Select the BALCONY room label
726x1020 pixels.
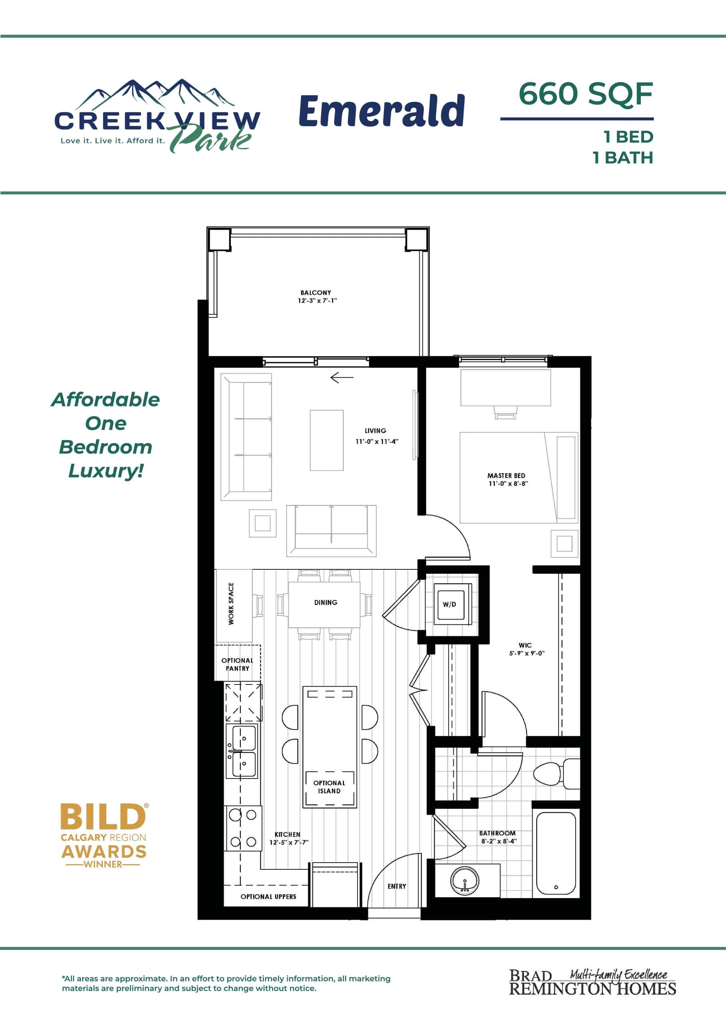tap(316, 292)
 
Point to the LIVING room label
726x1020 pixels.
tap(375, 431)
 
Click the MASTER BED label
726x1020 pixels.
tap(506, 476)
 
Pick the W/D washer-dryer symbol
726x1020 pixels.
tap(450, 604)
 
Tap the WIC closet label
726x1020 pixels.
tap(525, 645)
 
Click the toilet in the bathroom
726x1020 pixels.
tap(554, 773)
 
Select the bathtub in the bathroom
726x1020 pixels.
tap(556, 853)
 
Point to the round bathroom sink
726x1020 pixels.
tap(465, 880)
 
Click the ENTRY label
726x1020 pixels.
tap(397, 886)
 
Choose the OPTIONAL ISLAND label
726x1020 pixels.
tap(329, 787)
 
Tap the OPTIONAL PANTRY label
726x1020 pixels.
tap(237, 664)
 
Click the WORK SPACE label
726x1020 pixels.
tap(231, 603)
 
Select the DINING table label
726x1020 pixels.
tap(325, 602)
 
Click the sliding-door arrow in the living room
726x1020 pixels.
tap(342, 378)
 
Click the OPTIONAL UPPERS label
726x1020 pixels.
tap(268, 897)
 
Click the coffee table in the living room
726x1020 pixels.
tap(327, 440)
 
